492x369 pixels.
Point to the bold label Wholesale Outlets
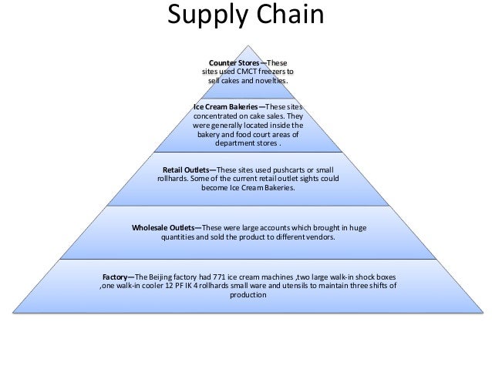click(165, 228)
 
